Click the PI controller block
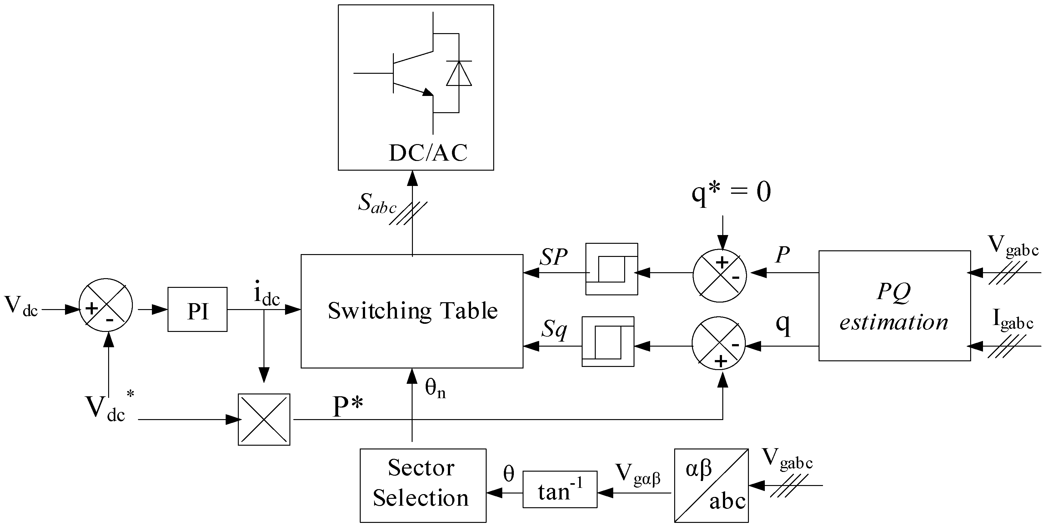pos(197,310)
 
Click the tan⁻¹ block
pos(560,489)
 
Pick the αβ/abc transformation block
pos(711,485)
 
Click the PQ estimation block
pos(894,306)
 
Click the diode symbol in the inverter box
pos(459,74)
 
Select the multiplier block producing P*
pos(264,419)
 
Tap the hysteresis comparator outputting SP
pos(611,269)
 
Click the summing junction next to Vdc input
pos(106,306)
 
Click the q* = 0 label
pos(731,193)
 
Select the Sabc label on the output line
pos(377,203)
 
